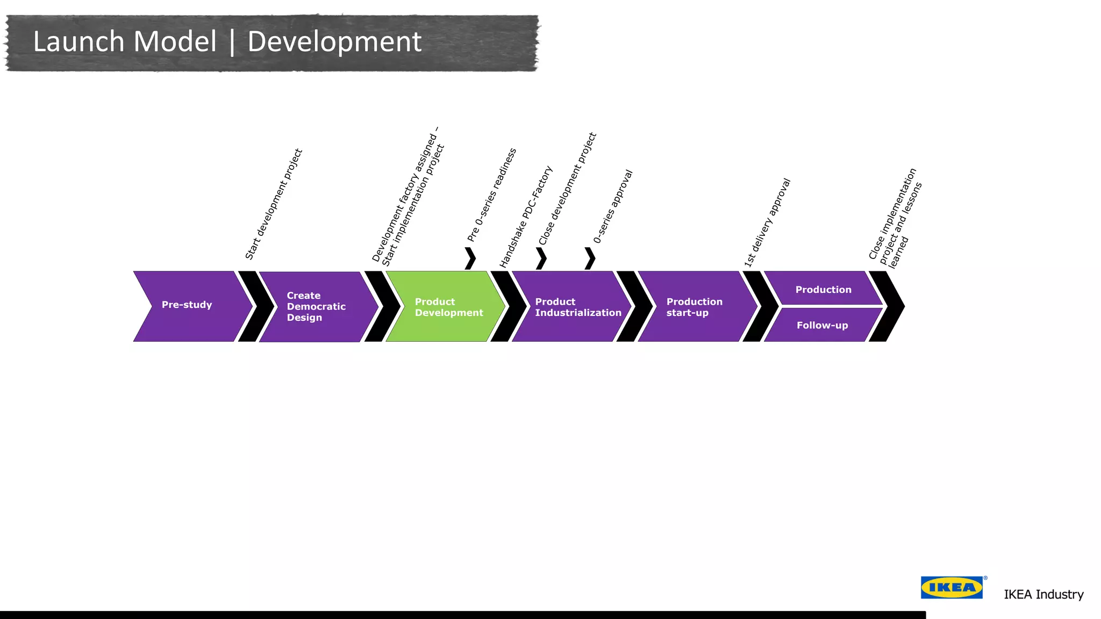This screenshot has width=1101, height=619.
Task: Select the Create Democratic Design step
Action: (317, 306)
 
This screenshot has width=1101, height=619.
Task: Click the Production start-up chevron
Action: (697, 306)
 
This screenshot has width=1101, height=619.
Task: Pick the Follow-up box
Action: (822, 325)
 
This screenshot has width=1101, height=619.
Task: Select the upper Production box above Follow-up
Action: (823, 289)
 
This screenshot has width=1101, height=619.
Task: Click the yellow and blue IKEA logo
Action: (952, 587)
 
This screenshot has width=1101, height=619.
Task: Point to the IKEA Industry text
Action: (1043, 594)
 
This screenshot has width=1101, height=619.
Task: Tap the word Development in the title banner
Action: (334, 42)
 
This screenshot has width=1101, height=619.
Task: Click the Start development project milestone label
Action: (274, 204)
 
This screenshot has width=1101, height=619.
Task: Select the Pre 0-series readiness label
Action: (492, 195)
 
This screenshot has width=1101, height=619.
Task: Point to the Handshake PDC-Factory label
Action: (526, 217)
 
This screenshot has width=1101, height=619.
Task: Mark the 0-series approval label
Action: (613, 206)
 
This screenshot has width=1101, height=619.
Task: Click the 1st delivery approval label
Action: (767, 222)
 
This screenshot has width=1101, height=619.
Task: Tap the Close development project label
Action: (568, 189)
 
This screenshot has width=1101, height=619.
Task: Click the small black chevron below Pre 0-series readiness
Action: (470, 258)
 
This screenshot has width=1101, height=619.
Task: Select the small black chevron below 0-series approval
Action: (590, 258)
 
